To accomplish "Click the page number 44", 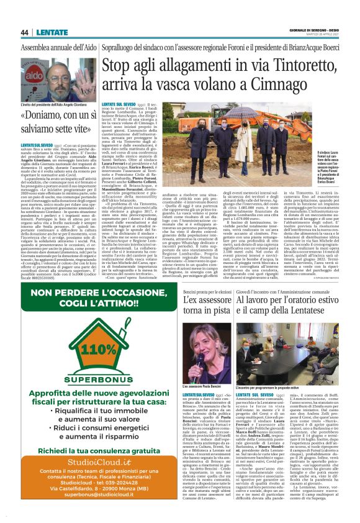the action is [25, 33].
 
